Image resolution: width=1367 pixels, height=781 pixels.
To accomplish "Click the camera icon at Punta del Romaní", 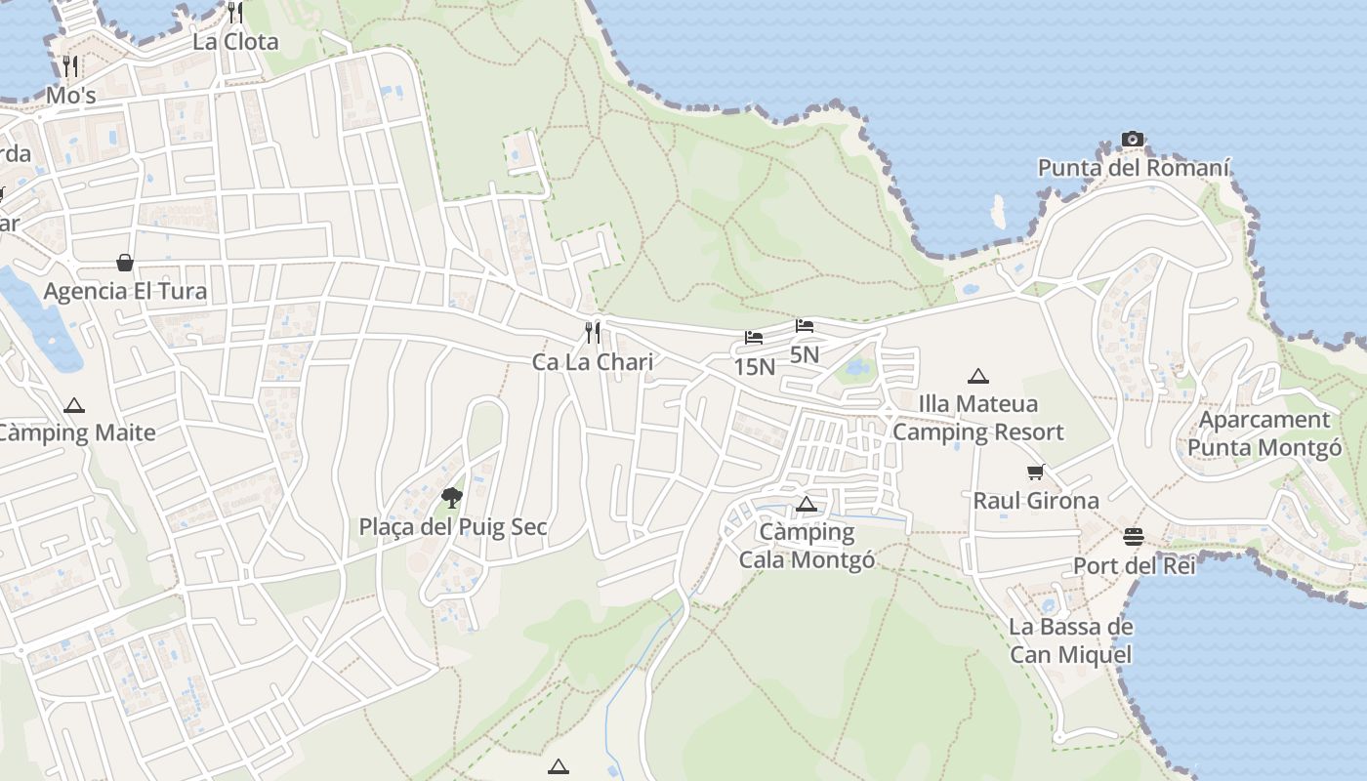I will (1133, 140).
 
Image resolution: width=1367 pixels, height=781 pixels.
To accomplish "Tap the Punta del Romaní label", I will (1133, 168).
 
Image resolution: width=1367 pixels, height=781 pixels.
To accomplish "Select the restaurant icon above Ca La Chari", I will (593, 333).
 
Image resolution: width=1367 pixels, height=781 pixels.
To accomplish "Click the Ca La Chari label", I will (593, 362).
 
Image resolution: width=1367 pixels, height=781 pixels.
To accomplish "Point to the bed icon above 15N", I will (754, 339).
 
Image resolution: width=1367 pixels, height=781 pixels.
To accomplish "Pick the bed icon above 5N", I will (805, 326).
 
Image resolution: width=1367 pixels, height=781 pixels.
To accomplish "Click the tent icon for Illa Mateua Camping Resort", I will (978, 376).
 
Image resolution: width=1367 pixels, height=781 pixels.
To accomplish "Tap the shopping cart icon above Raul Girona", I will (1036, 473).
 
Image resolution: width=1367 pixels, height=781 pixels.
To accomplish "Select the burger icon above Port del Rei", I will (1134, 537).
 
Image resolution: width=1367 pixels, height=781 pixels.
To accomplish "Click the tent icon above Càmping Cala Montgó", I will (807, 504).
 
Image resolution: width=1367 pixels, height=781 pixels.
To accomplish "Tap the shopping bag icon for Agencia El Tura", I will (125, 263).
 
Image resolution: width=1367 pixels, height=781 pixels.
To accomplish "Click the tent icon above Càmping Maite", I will (74, 405).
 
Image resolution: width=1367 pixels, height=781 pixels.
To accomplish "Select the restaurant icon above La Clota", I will (235, 13).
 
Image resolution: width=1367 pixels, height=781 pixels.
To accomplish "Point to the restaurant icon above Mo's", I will (70, 66).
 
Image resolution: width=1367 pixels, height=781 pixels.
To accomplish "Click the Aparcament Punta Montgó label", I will (1264, 434).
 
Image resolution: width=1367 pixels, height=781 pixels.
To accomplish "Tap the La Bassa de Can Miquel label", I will (1071, 640).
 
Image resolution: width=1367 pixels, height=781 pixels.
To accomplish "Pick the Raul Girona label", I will (1036, 501).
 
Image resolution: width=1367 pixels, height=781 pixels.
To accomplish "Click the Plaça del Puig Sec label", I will (453, 528).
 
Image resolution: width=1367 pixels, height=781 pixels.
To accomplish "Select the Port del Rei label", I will (1134, 566).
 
